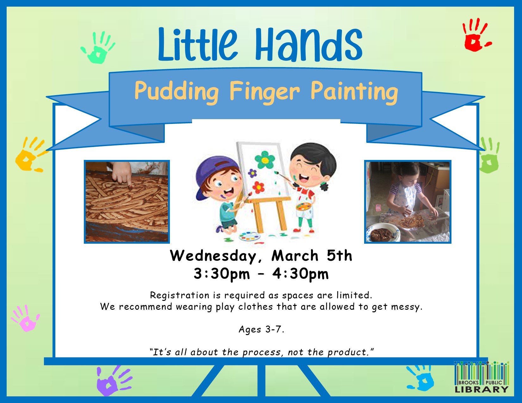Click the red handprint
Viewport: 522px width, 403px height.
click(x=475, y=36)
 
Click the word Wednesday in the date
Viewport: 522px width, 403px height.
click(x=213, y=256)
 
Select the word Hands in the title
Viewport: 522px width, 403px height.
click(x=309, y=44)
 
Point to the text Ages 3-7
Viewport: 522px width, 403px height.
click(x=261, y=329)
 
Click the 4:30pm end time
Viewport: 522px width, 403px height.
click(x=300, y=274)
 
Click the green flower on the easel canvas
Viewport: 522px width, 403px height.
click(x=265, y=160)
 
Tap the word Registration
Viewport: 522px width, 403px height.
click(x=180, y=295)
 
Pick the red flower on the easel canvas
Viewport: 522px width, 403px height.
click(x=258, y=187)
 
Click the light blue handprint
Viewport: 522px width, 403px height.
click(x=421, y=378)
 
